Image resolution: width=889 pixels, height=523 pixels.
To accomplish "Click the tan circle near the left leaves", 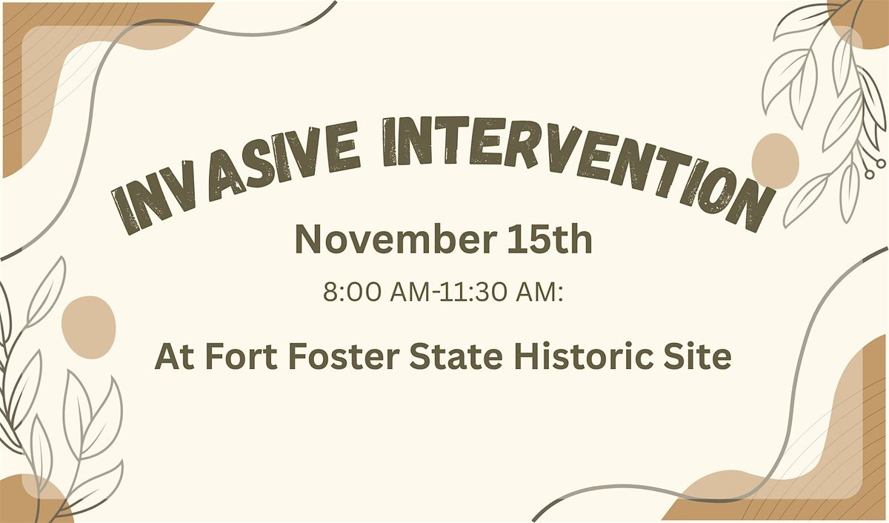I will (x=88, y=323).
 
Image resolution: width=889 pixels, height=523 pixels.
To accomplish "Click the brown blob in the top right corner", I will (x=863, y=22).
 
